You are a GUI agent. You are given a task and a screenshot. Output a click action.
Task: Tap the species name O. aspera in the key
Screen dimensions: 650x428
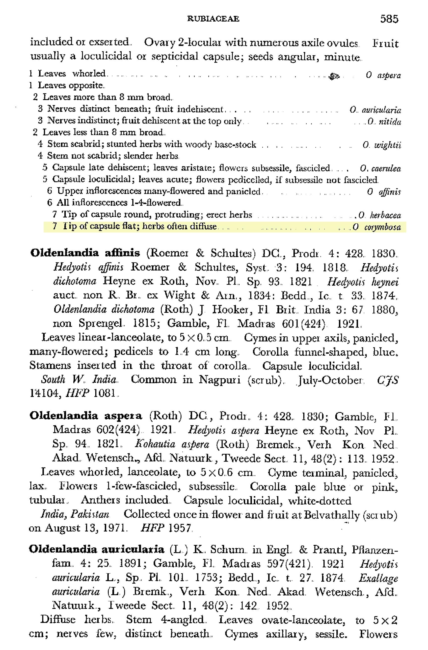click(383, 75)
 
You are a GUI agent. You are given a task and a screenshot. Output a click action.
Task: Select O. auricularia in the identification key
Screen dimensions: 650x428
click(375, 110)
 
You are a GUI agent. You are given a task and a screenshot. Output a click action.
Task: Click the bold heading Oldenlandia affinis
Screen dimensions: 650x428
click(85, 253)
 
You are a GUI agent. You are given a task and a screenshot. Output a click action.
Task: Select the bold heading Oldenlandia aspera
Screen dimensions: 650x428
click(86, 416)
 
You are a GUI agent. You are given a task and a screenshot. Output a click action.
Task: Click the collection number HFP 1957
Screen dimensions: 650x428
click(166, 529)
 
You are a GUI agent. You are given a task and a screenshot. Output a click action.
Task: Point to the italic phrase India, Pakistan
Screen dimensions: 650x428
click(75, 514)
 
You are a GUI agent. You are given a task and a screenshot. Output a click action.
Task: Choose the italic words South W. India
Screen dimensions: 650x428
click(79, 379)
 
